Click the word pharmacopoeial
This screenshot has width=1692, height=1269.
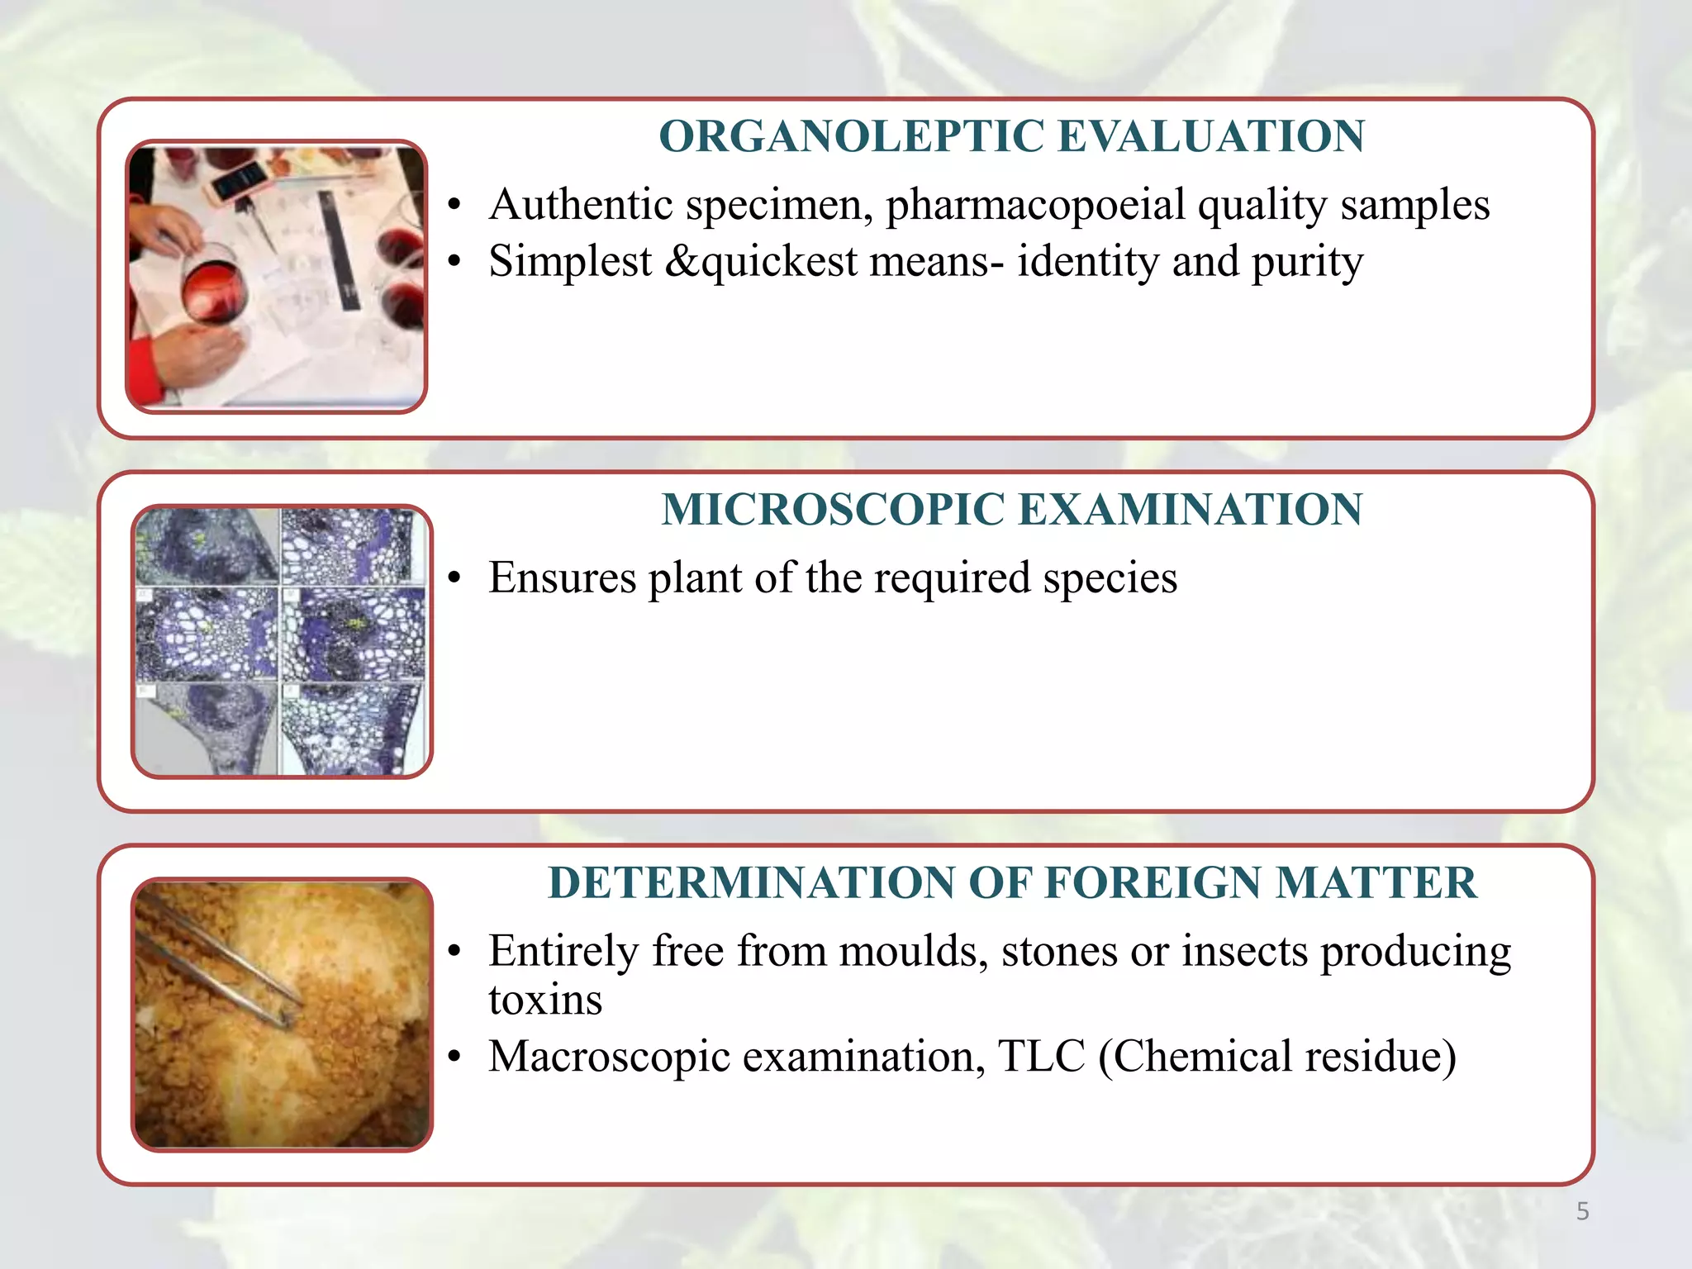1036,204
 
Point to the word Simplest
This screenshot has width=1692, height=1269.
570,261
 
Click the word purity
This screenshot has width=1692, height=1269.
1307,261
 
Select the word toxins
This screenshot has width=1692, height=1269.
545,1000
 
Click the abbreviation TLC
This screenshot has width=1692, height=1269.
1041,1056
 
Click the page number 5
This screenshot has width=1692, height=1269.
1582,1211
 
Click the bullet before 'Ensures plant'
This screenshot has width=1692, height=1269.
454,579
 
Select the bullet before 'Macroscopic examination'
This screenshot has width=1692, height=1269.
454,1057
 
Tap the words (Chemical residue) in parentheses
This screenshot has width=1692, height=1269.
1276,1056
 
